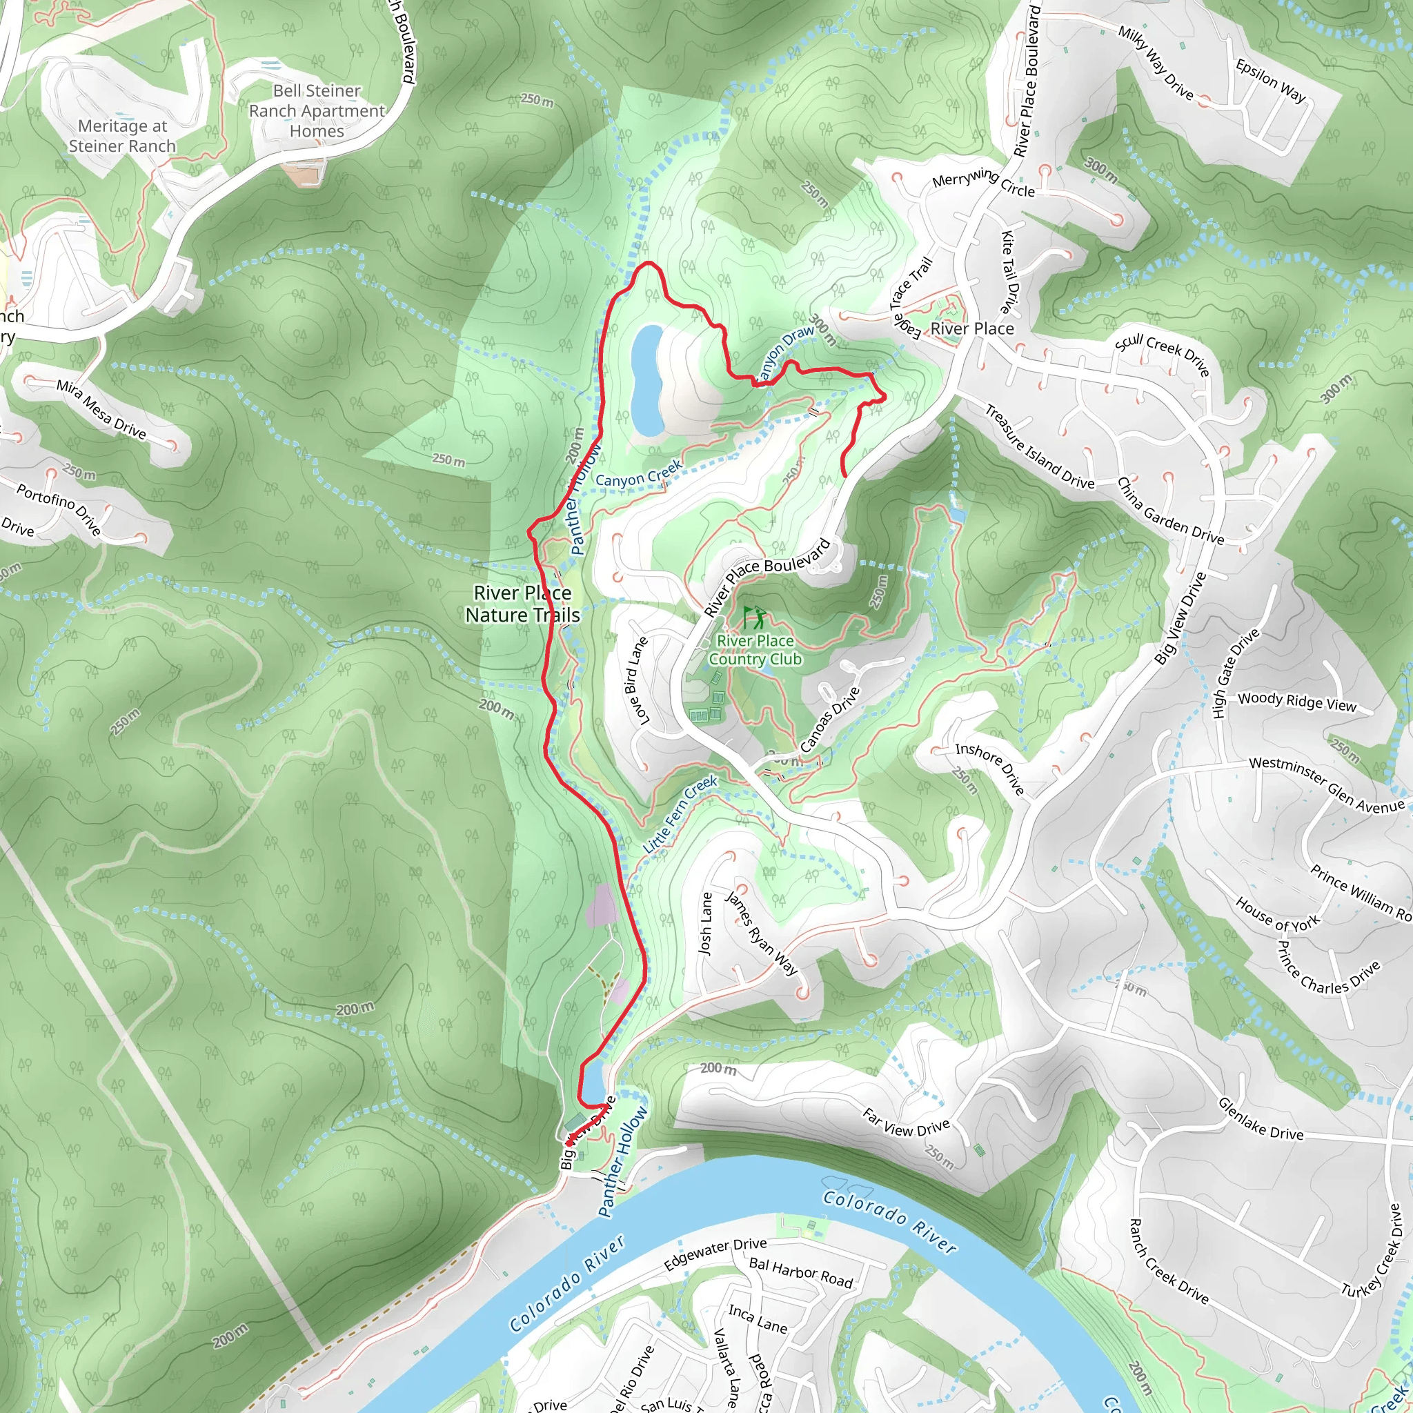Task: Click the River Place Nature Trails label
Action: (x=522, y=604)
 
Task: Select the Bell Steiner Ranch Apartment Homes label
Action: (x=317, y=111)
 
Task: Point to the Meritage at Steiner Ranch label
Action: (x=122, y=136)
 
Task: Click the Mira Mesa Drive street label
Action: (x=101, y=410)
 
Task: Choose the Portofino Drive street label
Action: (x=59, y=509)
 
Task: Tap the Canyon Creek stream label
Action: (x=638, y=475)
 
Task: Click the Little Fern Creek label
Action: (x=680, y=815)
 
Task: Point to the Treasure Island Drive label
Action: (x=1039, y=447)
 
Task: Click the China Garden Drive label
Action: (x=1169, y=511)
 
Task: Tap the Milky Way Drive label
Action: (x=1156, y=63)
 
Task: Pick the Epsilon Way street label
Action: (x=1270, y=81)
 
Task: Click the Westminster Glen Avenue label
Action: (x=1327, y=784)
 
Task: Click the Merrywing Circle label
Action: (x=983, y=182)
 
